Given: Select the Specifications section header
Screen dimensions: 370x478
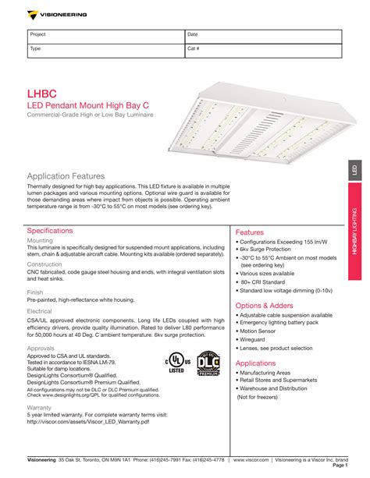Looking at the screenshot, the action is [50, 231].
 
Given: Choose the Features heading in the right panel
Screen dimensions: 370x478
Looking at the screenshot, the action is [250, 232].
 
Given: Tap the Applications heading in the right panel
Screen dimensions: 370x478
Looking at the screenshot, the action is [255, 363].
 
